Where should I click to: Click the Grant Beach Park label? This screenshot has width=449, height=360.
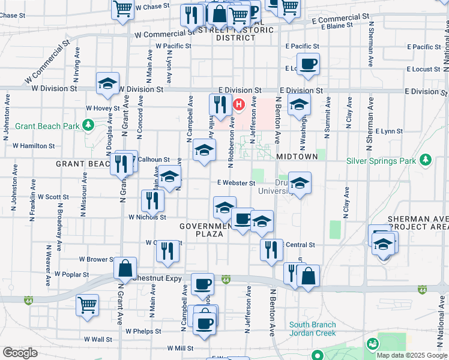(47, 126)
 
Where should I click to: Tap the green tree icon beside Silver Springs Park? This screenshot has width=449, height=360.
(426, 160)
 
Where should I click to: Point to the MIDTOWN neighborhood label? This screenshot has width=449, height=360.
(297, 156)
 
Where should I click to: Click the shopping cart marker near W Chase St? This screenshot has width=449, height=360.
(122, 9)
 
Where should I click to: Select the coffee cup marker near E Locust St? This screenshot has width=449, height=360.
(309, 64)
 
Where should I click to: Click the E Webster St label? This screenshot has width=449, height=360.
(232, 182)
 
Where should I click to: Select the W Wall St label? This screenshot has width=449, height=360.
(98, 339)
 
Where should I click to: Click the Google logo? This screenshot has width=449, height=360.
(20, 353)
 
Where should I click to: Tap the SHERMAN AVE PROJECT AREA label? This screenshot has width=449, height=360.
(418, 223)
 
